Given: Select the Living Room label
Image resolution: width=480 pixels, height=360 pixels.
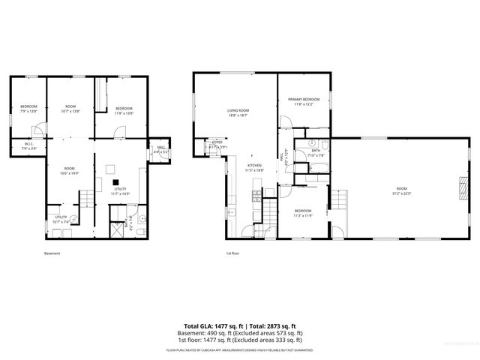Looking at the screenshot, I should tap(238, 111).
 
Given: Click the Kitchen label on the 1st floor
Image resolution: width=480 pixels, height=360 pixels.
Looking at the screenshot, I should tap(255, 166).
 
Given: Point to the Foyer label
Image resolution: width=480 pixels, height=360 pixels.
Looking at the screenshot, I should tap(217, 142).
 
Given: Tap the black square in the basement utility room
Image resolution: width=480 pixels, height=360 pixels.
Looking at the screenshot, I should tap(115, 181).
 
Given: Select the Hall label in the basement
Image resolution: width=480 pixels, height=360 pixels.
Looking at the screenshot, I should tap(160, 148).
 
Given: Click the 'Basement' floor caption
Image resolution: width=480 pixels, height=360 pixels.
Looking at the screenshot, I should tap(52, 253).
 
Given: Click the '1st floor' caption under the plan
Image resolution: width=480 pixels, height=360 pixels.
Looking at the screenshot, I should tap(233, 253).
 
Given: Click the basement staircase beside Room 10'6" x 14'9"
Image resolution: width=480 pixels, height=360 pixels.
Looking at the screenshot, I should tap(87, 198).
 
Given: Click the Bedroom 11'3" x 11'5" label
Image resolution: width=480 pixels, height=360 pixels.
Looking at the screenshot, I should tap(302, 213).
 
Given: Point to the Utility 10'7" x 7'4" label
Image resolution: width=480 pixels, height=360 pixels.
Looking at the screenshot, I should tap(61, 219).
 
